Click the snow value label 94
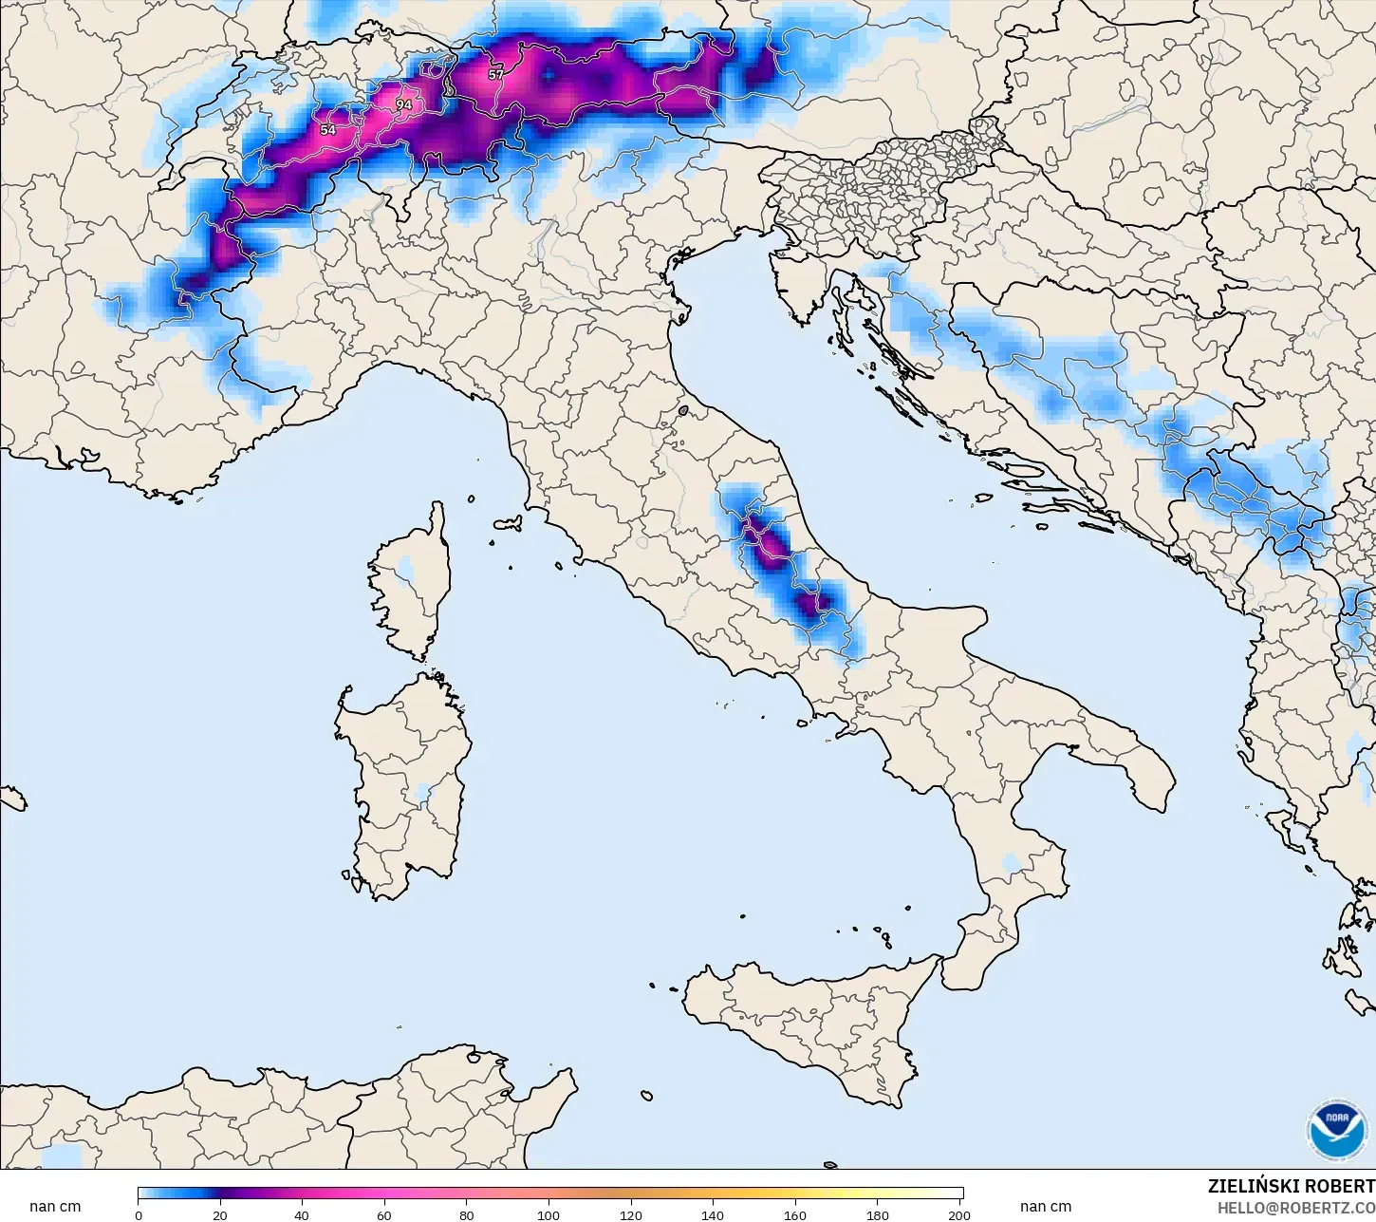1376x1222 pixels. [x=404, y=104]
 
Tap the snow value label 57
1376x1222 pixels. [x=496, y=74]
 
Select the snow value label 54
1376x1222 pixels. [x=328, y=130]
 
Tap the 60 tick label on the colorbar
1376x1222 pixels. [x=384, y=1215]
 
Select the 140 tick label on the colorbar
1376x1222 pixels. [x=714, y=1215]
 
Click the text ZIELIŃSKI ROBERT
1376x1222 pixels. [x=1291, y=1187]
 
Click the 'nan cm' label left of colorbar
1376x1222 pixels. [x=55, y=1207]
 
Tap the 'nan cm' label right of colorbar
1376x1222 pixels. [x=1046, y=1207]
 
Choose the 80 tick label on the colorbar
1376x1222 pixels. [x=467, y=1215]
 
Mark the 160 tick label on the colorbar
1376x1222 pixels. [x=796, y=1215]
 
